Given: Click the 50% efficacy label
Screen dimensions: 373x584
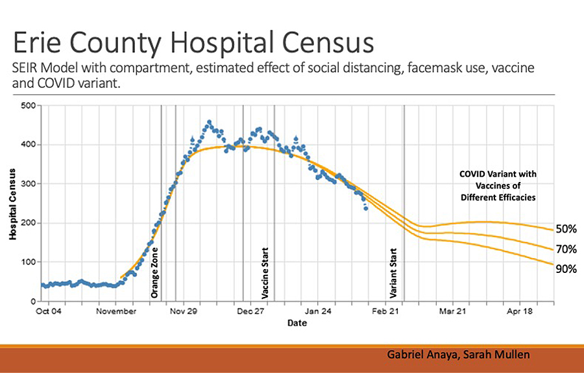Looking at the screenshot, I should (566, 229).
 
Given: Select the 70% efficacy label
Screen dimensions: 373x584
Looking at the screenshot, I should (566, 249).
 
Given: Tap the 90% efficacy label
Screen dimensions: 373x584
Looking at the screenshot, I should (566, 269).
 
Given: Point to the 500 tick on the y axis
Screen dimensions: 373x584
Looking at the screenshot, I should (27, 106).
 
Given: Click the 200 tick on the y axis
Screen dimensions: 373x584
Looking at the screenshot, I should (27, 223).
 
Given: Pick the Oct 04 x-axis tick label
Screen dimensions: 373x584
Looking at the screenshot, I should (48, 311).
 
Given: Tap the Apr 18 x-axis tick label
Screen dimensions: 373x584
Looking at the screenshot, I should (519, 311).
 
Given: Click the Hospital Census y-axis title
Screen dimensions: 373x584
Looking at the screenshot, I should (12, 203).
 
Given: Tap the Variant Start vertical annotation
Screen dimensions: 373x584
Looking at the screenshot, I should (394, 272).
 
